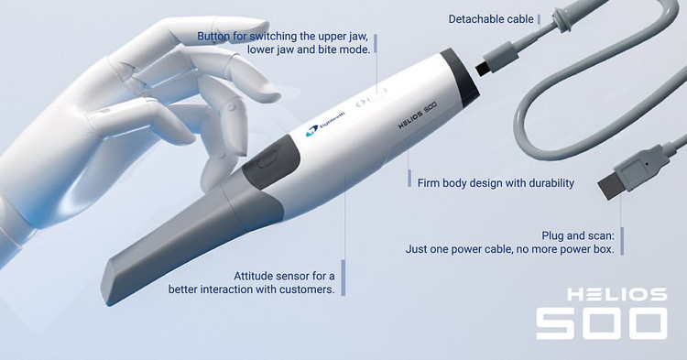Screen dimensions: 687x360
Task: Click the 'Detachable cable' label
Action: coord(491,19)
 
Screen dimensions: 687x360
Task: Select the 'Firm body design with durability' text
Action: coord(496,182)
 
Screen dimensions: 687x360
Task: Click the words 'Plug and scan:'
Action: coord(578,235)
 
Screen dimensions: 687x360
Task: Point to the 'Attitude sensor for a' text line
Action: coord(284,276)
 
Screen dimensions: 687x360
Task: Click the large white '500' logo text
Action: coord(602,323)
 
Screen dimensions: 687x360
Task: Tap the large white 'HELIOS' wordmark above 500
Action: coord(616,294)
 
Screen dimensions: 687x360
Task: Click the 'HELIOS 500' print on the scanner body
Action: coord(418,115)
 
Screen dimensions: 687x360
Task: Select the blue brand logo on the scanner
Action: coord(326,123)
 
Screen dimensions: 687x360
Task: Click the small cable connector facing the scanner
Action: coord(497,61)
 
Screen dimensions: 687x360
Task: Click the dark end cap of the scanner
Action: coord(459,78)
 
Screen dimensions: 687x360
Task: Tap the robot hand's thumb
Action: coord(140,120)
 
